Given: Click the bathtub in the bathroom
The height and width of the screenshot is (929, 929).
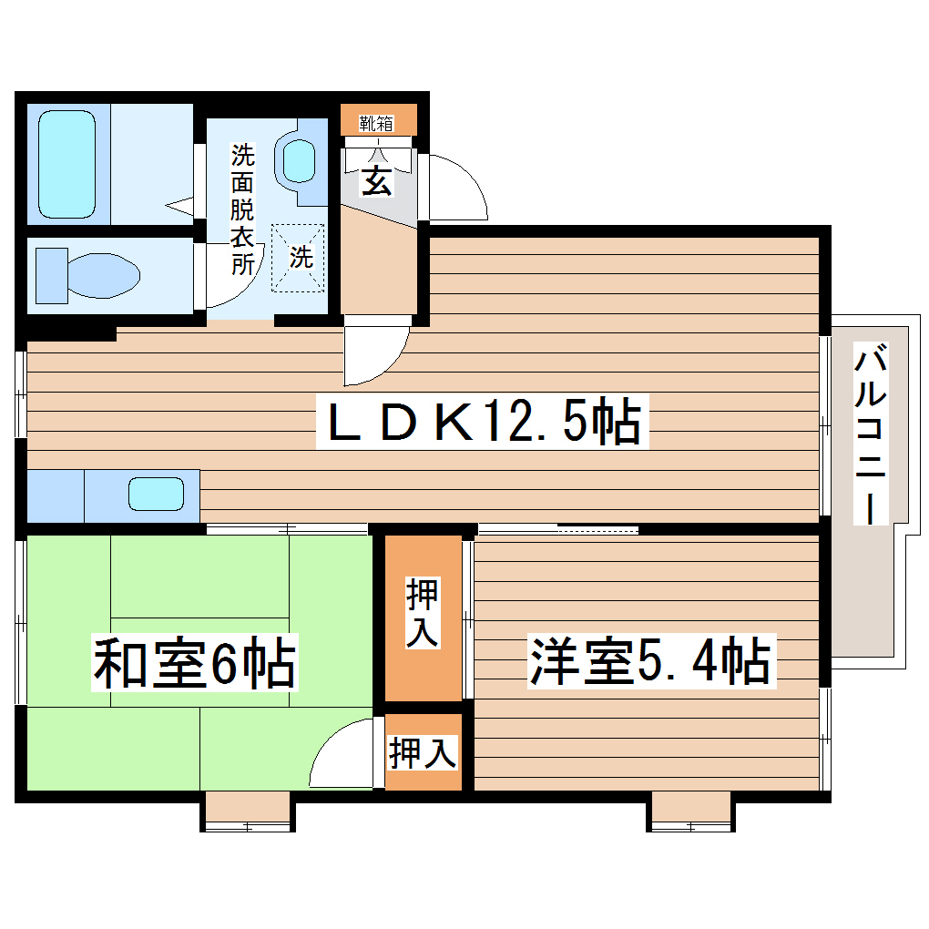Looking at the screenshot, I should tap(67, 164).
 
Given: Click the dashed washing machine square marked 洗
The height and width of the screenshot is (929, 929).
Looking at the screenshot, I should tap(301, 258).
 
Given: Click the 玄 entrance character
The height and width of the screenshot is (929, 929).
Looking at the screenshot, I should tap(377, 181).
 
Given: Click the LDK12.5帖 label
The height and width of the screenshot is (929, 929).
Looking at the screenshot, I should tap(483, 423).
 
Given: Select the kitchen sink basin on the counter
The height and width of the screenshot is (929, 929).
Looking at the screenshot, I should tap(157, 494).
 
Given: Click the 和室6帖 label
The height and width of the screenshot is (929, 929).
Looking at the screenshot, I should tap(195, 665).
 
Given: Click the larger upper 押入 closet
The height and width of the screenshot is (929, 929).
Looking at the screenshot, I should tap(423, 617).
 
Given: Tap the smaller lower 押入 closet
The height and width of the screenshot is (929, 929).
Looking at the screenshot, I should tap(423, 752).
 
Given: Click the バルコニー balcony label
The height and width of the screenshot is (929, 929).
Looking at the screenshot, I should tap(870, 434).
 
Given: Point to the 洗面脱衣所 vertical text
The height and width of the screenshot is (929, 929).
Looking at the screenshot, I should tap(242, 209).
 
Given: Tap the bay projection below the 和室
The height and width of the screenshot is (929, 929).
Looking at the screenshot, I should tap(246, 811).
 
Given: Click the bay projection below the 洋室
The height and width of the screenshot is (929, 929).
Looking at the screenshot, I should tap(691, 811).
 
